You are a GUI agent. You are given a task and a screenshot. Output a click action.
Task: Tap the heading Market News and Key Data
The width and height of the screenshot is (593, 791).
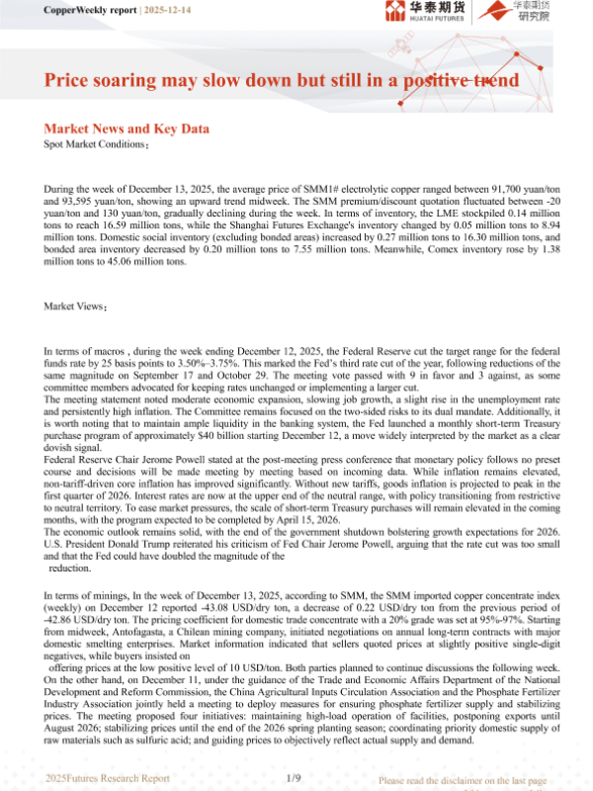[x=127, y=130]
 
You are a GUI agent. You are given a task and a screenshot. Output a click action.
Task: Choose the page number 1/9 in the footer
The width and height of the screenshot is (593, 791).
[x=294, y=778]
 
